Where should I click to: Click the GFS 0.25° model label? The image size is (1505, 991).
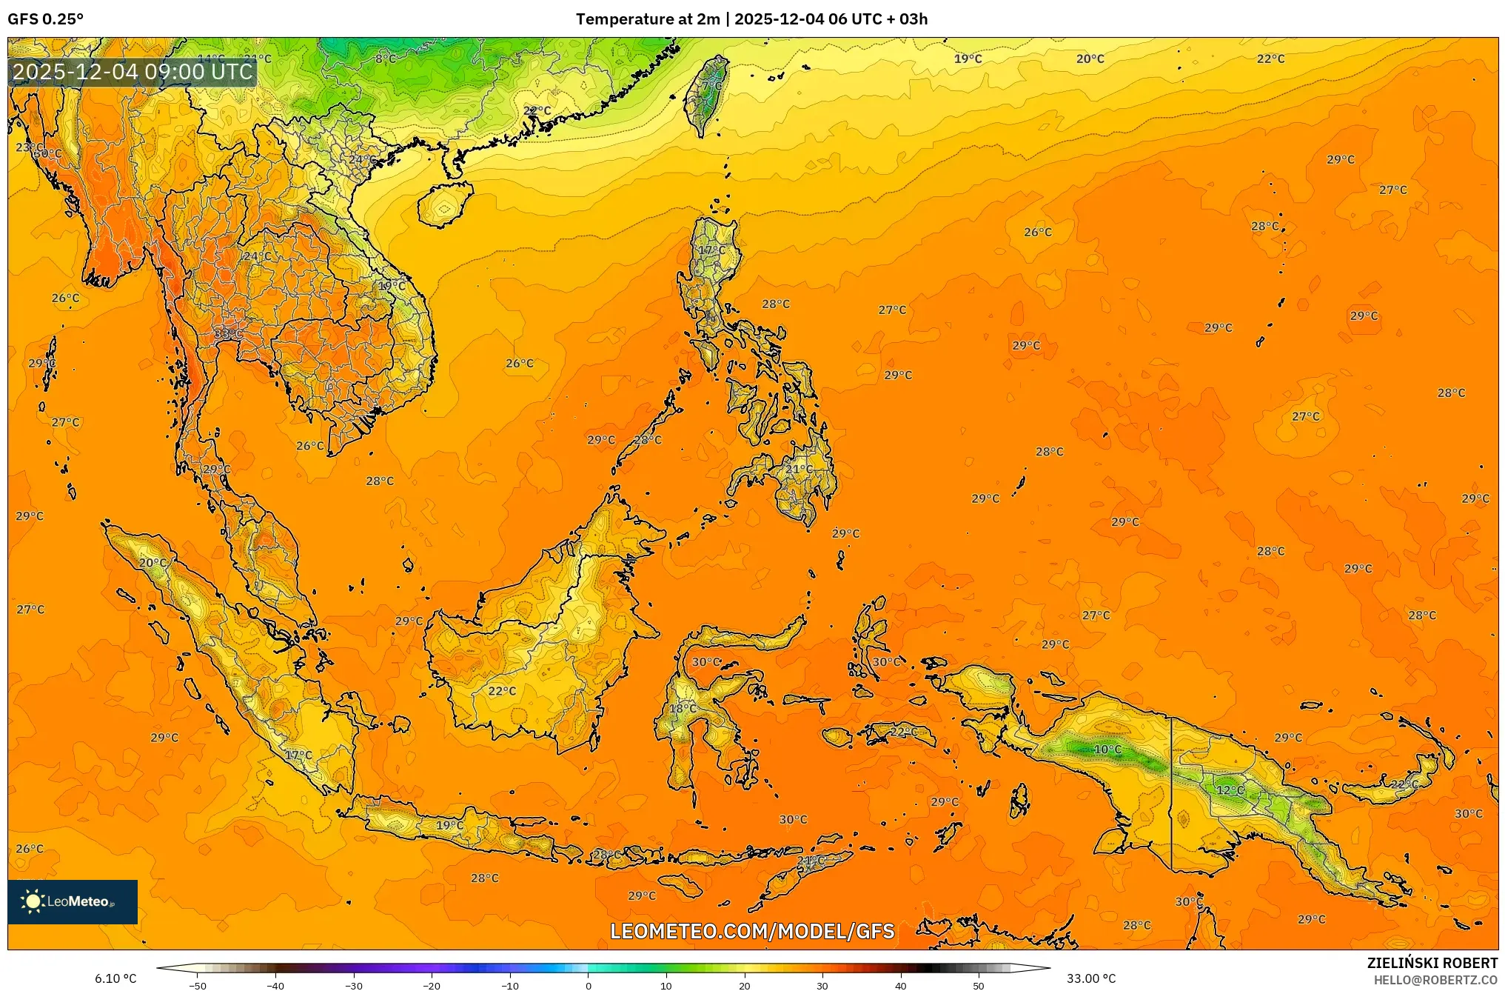[45, 19]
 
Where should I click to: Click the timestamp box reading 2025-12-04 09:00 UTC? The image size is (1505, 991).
[133, 72]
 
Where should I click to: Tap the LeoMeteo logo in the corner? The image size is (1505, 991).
[73, 901]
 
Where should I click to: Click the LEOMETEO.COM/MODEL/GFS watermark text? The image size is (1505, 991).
[752, 931]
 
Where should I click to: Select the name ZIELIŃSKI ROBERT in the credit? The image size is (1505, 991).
[1432, 963]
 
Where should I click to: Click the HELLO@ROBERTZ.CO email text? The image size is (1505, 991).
[1435, 980]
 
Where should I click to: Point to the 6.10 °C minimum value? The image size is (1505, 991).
[115, 978]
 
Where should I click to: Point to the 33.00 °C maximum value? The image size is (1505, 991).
[1090, 978]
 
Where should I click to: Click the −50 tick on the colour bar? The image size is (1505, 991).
[198, 986]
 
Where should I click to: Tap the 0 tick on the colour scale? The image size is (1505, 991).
[589, 986]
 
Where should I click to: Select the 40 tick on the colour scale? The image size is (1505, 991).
[901, 986]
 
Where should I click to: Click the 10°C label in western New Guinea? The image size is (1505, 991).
[1107, 750]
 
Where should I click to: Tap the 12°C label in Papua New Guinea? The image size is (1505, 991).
[1230, 790]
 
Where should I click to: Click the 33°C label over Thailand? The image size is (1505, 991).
[228, 334]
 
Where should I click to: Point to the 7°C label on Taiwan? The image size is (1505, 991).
[711, 86]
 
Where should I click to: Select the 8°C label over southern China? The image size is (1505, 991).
[385, 59]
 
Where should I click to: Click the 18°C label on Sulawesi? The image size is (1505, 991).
[683, 709]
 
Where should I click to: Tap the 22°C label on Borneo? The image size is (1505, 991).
[502, 691]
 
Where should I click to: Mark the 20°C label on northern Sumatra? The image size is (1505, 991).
[153, 563]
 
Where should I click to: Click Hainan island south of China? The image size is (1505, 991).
[444, 206]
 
